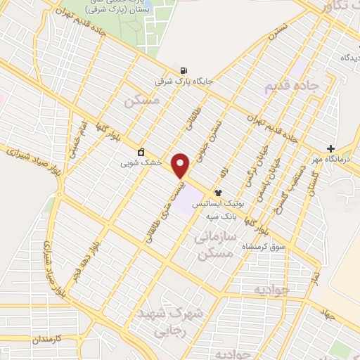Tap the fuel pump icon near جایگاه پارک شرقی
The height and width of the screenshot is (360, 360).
[184, 70]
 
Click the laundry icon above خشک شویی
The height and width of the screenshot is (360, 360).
[141, 152]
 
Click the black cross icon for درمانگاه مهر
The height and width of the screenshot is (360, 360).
[330, 149]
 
